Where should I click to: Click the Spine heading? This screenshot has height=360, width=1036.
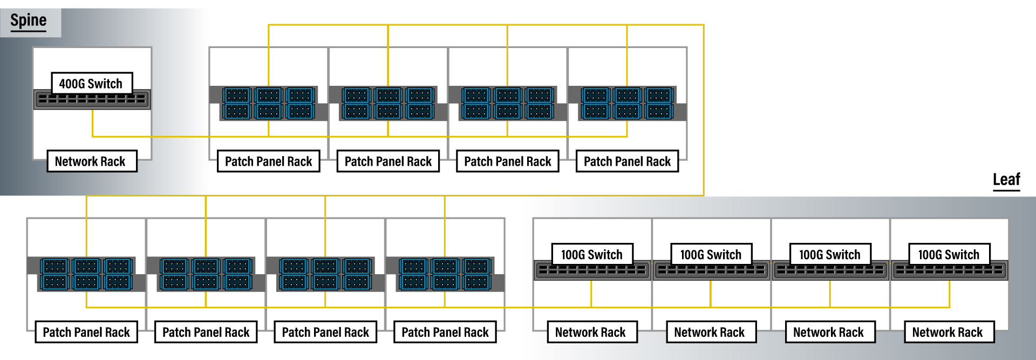click(29, 21)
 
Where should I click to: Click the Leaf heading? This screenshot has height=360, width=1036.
click(1006, 180)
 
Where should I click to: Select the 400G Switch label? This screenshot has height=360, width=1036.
click(91, 84)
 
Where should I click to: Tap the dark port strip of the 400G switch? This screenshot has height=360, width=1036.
click(92, 100)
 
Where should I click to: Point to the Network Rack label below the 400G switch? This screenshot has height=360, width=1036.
click(91, 161)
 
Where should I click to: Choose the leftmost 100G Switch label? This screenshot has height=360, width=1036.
click(592, 255)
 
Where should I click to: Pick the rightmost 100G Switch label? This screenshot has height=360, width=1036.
click(949, 255)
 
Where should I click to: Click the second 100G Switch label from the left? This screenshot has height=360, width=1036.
click(711, 255)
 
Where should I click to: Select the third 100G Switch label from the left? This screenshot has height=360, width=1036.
click(830, 255)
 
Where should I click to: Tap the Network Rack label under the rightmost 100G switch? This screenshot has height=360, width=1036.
click(948, 332)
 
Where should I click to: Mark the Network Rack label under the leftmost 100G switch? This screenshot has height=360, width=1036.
click(591, 332)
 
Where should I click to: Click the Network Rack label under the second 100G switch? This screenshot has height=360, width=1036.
click(710, 332)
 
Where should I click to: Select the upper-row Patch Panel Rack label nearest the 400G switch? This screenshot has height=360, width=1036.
click(269, 161)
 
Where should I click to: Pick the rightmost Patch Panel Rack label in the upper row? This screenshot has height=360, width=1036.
click(627, 161)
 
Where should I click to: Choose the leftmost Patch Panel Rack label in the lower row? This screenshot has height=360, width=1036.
click(87, 332)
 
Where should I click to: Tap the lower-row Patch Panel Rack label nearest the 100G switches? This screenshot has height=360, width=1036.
click(445, 332)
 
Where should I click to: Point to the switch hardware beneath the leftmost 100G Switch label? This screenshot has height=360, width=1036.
click(592, 271)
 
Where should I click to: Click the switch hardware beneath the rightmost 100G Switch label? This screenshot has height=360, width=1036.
click(949, 271)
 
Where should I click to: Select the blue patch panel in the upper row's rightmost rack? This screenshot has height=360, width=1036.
click(627, 104)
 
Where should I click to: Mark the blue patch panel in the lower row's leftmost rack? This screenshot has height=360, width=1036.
click(86, 274)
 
